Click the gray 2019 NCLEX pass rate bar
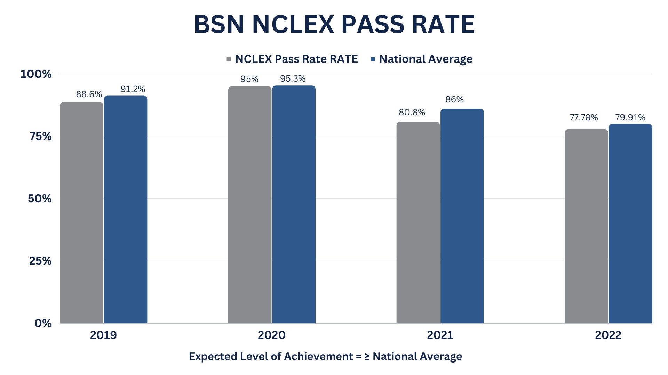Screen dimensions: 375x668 [81, 212]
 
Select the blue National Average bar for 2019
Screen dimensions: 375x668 [126, 209]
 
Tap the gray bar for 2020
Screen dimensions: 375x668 [249, 205]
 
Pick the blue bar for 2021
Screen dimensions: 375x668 [462, 216]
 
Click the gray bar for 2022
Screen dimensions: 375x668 [586, 226]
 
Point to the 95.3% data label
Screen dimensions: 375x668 [293, 79]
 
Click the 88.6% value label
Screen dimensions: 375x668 [89, 94]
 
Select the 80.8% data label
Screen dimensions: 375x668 [412, 112]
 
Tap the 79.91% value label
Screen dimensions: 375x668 [630, 118]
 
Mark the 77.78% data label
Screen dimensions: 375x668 [583, 118]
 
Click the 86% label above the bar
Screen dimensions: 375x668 [454, 100]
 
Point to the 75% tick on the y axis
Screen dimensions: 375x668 [40, 136]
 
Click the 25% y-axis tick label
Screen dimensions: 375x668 [40, 261]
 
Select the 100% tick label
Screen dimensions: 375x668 [36, 74]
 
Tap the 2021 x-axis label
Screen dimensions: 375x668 [440, 335]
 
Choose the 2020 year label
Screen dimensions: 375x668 [271, 335]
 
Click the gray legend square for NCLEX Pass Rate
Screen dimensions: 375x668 [229, 59]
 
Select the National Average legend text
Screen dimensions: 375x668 [426, 59]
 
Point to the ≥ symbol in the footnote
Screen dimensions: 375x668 [367, 357]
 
